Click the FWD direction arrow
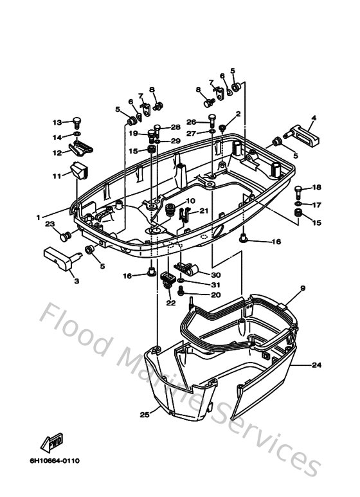(51, 442)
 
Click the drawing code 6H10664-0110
(55, 460)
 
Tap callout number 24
(316, 365)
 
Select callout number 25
(145, 414)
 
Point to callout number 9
(303, 289)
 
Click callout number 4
(314, 118)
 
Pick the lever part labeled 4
(301, 135)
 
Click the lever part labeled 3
(63, 258)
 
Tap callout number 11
(57, 176)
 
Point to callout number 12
(57, 153)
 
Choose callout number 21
(204, 211)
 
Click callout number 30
(216, 275)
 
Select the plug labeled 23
(66, 237)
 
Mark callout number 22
(171, 303)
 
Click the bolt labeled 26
(212, 121)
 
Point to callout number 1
(39, 217)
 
